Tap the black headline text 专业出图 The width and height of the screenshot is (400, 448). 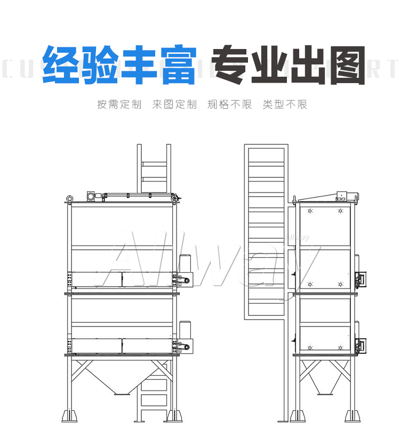click(289, 65)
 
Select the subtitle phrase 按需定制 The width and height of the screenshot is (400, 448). click(119, 104)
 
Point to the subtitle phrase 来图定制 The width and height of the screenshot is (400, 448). click(174, 104)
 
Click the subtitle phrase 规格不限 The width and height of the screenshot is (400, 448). click(229, 104)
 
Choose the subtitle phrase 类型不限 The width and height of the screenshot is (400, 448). click(285, 104)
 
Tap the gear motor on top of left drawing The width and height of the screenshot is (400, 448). click(92, 197)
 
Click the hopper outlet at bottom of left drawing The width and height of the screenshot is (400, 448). click(122, 394)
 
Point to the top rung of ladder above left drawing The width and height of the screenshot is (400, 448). click(154, 162)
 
